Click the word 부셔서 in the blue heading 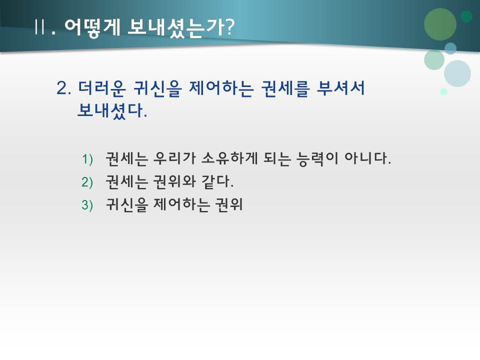(x=341, y=88)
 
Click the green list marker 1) (x=87, y=159)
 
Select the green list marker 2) (x=87, y=182)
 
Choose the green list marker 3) (x=87, y=205)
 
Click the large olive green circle (x=440, y=24)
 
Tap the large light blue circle (x=457, y=73)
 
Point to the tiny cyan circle (x=443, y=91)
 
